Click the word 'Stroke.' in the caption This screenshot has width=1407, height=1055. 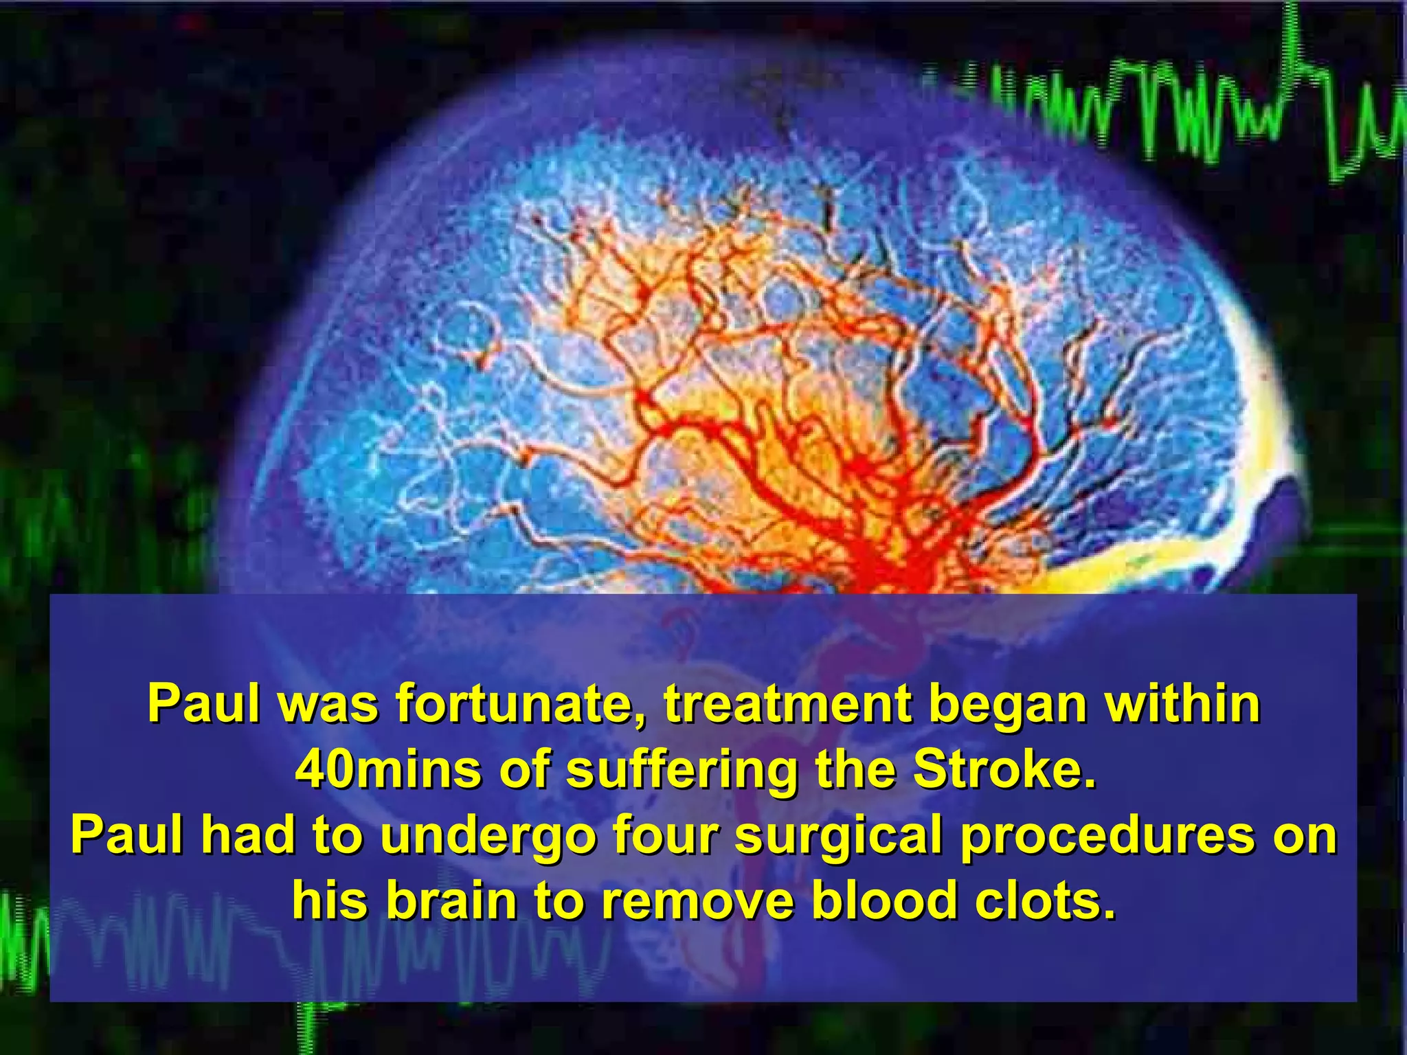pyautogui.click(x=1002, y=770)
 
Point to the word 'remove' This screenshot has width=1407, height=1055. pyautogui.click(x=698, y=901)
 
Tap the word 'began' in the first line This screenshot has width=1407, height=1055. pyautogui.click(x=1007, y=705)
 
